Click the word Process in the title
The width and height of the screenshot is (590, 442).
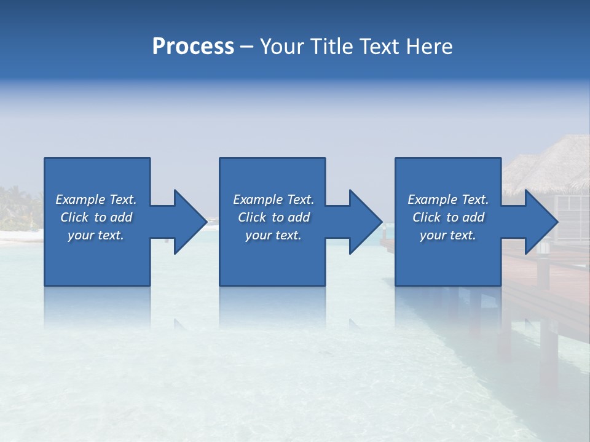tap(193, 47)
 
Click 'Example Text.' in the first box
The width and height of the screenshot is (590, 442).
tap(96, 200)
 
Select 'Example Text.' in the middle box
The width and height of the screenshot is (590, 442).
tap(273, 200)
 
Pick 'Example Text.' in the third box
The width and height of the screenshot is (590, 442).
tap(448, 200)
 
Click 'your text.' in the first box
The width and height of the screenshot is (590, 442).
tap(96, 235)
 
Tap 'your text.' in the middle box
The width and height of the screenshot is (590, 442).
tap(273, 235)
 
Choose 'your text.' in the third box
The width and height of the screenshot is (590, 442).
tap(448, 235)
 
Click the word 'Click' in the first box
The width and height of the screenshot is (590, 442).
tap(74, 217)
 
